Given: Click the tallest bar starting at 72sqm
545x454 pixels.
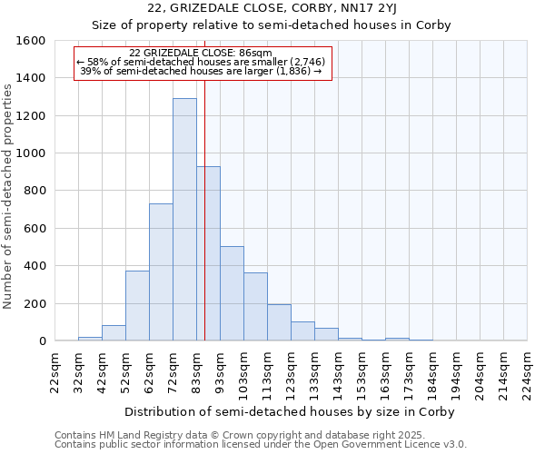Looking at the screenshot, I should click(184, 220).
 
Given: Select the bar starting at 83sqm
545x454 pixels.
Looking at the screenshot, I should click(208, 253).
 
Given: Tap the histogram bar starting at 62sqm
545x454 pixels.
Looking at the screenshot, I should click(161, 272).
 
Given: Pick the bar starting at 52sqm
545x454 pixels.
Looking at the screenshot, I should click(137, 306).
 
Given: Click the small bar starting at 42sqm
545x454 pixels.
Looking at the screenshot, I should click(114, 333).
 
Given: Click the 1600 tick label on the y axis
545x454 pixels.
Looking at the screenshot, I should click(32, 41).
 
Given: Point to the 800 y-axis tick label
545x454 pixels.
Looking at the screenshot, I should click(35, 191).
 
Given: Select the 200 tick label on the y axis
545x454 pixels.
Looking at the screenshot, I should click(35, 303).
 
